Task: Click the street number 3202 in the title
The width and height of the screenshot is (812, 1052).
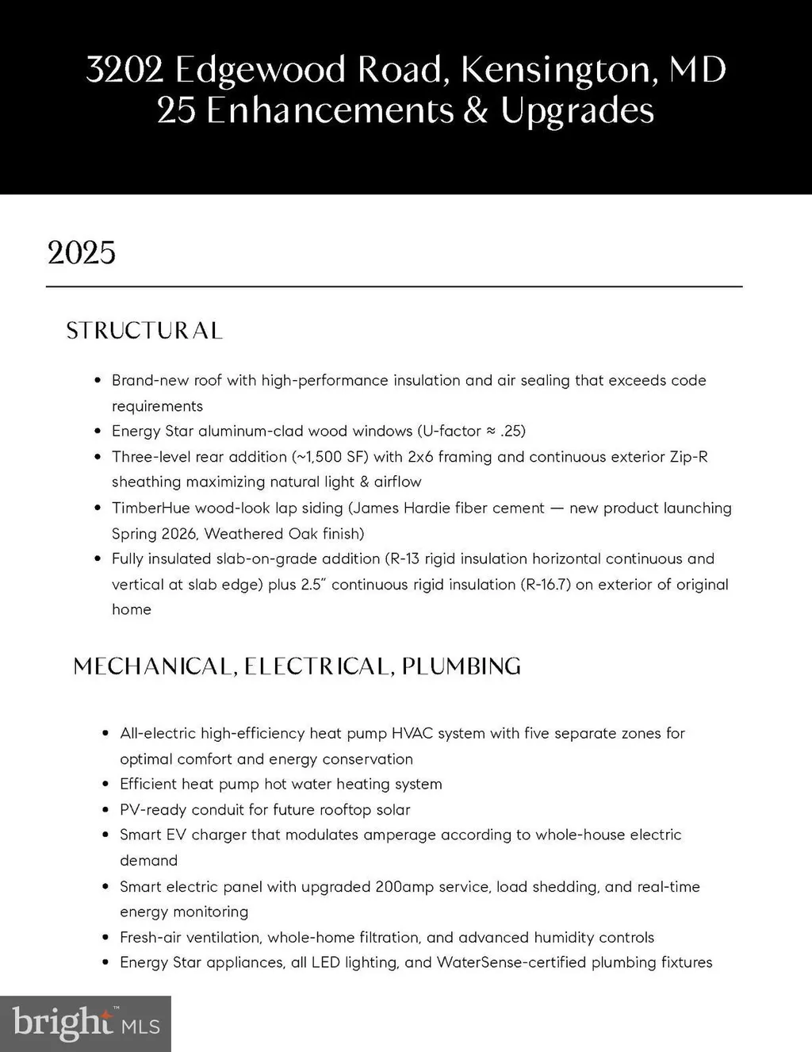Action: coord(124,70)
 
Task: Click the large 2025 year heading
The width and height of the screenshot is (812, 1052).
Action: coord(82,253)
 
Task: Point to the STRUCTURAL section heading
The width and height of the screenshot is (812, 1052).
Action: coord(144,330)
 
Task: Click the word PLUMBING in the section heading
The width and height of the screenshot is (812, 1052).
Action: coord(461,666)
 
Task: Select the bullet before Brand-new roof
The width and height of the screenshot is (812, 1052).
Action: coord(97,381)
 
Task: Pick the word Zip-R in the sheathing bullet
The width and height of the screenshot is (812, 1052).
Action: coord(687,456)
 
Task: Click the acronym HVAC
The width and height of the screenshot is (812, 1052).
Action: coord(412,733)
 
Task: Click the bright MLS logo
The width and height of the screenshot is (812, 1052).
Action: coord(86,1023)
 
